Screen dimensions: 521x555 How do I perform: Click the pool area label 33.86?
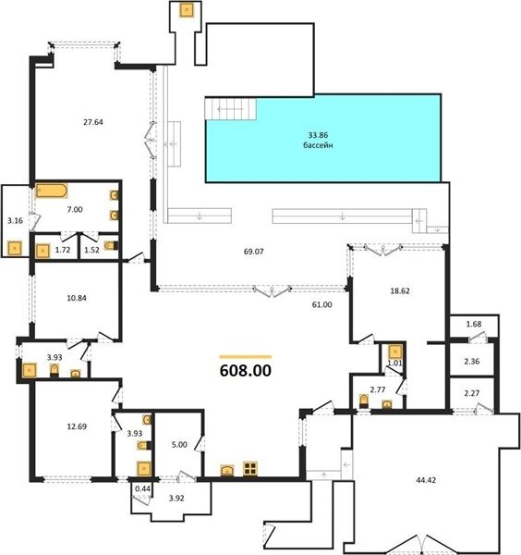(318, 135)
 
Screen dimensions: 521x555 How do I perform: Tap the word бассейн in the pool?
(318, 145)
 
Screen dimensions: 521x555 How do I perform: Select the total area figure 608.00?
(246, 371)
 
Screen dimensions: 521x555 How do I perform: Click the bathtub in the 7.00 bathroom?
(51, 191)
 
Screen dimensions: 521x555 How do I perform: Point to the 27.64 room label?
(93, 122)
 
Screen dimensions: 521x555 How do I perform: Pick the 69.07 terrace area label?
(254, 252)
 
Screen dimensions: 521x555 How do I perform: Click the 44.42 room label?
(426, 480)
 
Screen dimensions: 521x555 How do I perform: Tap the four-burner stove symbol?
(250, 468)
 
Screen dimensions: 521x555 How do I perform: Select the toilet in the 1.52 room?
(112, 246)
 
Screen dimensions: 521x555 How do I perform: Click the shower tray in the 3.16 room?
(15, 249)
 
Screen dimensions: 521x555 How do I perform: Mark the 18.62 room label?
(400, 291)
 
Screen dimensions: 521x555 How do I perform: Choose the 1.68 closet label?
(474, 324)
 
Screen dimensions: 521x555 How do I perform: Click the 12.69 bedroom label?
(77, 426)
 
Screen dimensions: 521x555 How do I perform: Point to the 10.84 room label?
(77, 298)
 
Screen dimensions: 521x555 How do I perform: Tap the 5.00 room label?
(179, 445)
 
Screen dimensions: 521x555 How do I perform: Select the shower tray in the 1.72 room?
(42, 251)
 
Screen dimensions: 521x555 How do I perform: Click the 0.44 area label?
(143, 488)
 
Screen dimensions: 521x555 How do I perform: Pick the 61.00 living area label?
(322, 304)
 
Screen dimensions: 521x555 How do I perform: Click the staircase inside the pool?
(230, 109)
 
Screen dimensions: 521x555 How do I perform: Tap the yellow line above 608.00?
(246, 357)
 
